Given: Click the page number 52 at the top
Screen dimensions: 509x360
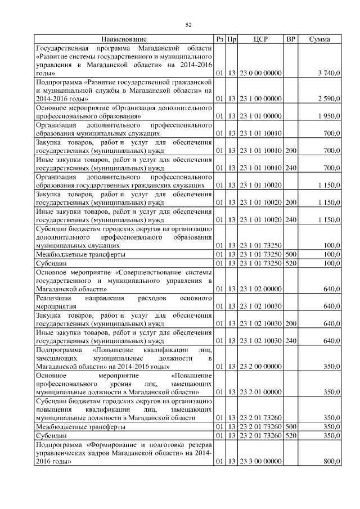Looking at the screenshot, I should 189,25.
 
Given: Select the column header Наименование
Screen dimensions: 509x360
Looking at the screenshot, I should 124,39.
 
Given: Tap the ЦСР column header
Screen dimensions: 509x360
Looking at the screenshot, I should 260,39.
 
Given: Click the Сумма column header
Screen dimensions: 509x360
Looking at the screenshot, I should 319,39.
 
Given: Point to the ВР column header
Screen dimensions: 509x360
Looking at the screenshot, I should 291,39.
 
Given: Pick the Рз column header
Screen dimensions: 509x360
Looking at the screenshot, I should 220,39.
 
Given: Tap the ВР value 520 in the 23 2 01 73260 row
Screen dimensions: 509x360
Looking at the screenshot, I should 291,435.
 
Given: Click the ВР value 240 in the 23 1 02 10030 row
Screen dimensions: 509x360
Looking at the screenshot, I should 291,341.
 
